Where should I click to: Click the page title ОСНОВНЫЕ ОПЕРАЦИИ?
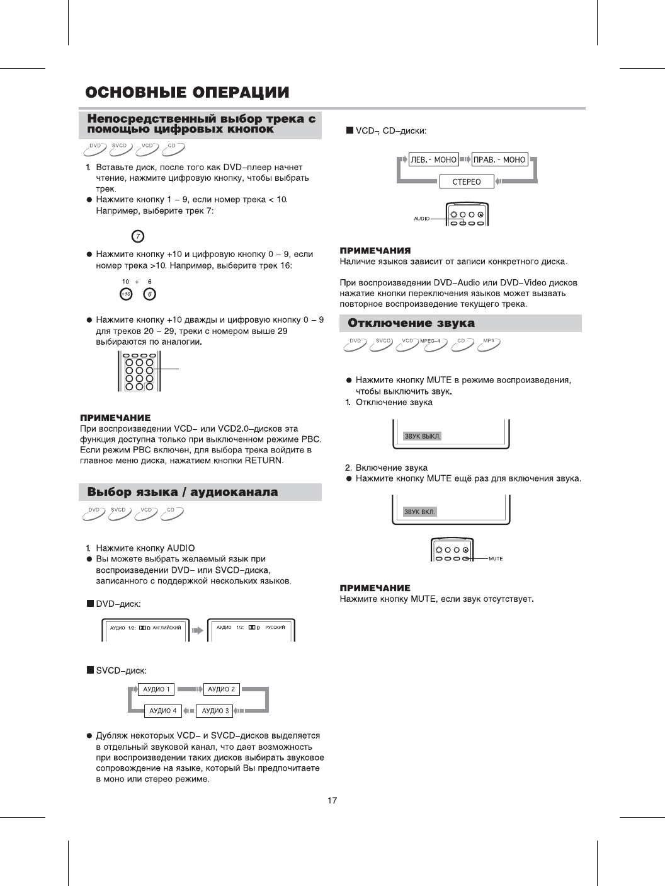coord(187,93)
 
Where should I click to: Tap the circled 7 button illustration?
coord(137,236)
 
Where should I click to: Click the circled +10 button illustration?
coord(126,294)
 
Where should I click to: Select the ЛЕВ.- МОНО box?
coord(433,160)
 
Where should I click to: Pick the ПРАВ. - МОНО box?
coord(499,160)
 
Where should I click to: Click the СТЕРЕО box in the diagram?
coord(467,182)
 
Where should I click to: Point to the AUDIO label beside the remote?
coord(421,219)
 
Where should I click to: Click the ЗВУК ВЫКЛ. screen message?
coord(423,436)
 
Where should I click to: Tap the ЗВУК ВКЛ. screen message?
coord(420,512)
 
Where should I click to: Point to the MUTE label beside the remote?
coord(496,559)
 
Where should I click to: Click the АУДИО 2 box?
coord(222,689)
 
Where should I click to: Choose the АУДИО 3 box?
coord(215,711)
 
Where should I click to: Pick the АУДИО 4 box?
coord(163,711)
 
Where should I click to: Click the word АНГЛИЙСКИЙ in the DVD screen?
coord(167,628)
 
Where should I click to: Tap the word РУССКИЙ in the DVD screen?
coord(275,628)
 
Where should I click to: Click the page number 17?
coord(332,801)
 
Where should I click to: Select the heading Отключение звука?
coord(411,323)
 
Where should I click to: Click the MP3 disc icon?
coord(489,343)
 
